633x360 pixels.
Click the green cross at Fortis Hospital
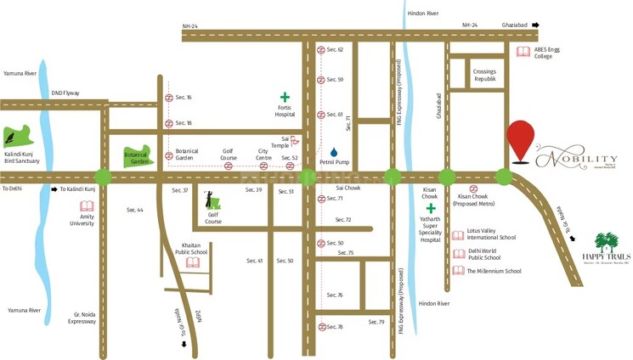(x=285, y=98)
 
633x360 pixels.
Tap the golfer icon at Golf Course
(x=212, y=200)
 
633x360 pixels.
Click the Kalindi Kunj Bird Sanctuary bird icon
(x=15, y=136)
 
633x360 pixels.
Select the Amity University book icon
(x=86, y=206)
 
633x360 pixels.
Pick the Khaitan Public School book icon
(x=193, y=262)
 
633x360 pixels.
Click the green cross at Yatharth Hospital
(x=431, y=208)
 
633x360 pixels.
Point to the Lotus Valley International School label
(x=491, y=234)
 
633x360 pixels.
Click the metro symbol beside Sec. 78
(x=322, y=327)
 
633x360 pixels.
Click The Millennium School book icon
(x=459, y=271)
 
